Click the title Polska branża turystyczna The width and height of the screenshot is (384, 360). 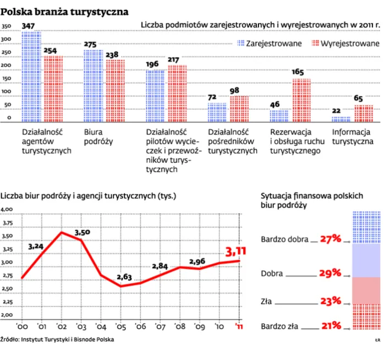click(65, 11)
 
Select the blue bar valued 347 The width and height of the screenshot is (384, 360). click(31, 77)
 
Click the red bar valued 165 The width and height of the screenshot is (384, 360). click(301, 101)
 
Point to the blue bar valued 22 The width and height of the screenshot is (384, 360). click(341, 119)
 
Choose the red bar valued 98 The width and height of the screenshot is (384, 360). click(239, 109)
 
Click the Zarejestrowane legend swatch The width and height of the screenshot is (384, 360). click(240, 43)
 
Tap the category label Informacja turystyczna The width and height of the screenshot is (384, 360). click(352, 137)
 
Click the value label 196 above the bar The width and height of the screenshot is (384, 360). click(152, 64)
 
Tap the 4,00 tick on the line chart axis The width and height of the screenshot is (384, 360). click(7, 210)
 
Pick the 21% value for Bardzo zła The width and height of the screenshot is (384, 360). click(332, 325)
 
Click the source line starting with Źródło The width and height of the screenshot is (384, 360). click(58, 339)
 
